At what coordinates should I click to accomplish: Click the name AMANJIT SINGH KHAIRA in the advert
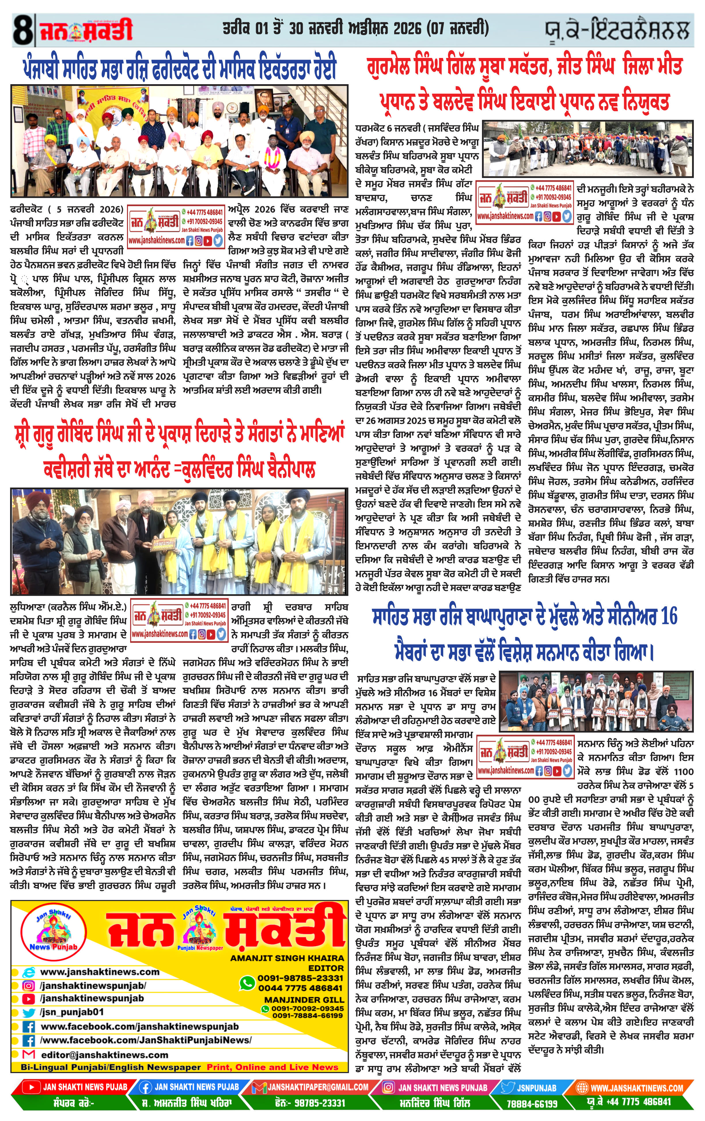287,958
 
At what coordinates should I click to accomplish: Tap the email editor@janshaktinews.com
104,1055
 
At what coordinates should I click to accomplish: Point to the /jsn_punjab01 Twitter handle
72,1012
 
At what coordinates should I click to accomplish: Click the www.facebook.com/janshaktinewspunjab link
139,1026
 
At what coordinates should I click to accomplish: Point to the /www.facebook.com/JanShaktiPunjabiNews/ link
145,1040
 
